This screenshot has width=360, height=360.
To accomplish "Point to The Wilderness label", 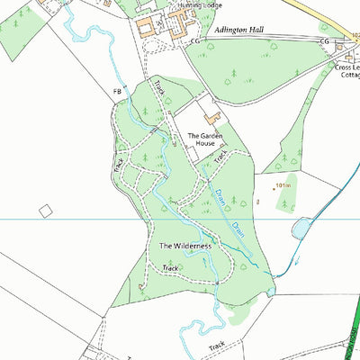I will (x=185, y=246).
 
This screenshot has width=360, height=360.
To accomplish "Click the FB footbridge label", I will (x=116, y=92).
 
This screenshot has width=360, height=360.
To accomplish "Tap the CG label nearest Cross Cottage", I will (x=325, y=42).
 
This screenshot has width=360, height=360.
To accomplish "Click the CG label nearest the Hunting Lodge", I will (x=195, y=41).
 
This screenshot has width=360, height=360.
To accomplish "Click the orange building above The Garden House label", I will (x=214, y=117).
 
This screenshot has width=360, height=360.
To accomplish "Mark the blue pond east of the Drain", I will (x=301, y=229).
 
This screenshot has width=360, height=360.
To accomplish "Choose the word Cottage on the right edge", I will (x=347, y=76).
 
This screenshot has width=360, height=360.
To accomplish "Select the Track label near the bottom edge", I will (x=217, y=345).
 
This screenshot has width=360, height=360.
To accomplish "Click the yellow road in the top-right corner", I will (x=337, y=18).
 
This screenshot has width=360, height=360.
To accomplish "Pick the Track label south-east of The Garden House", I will (x=219, y=157).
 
